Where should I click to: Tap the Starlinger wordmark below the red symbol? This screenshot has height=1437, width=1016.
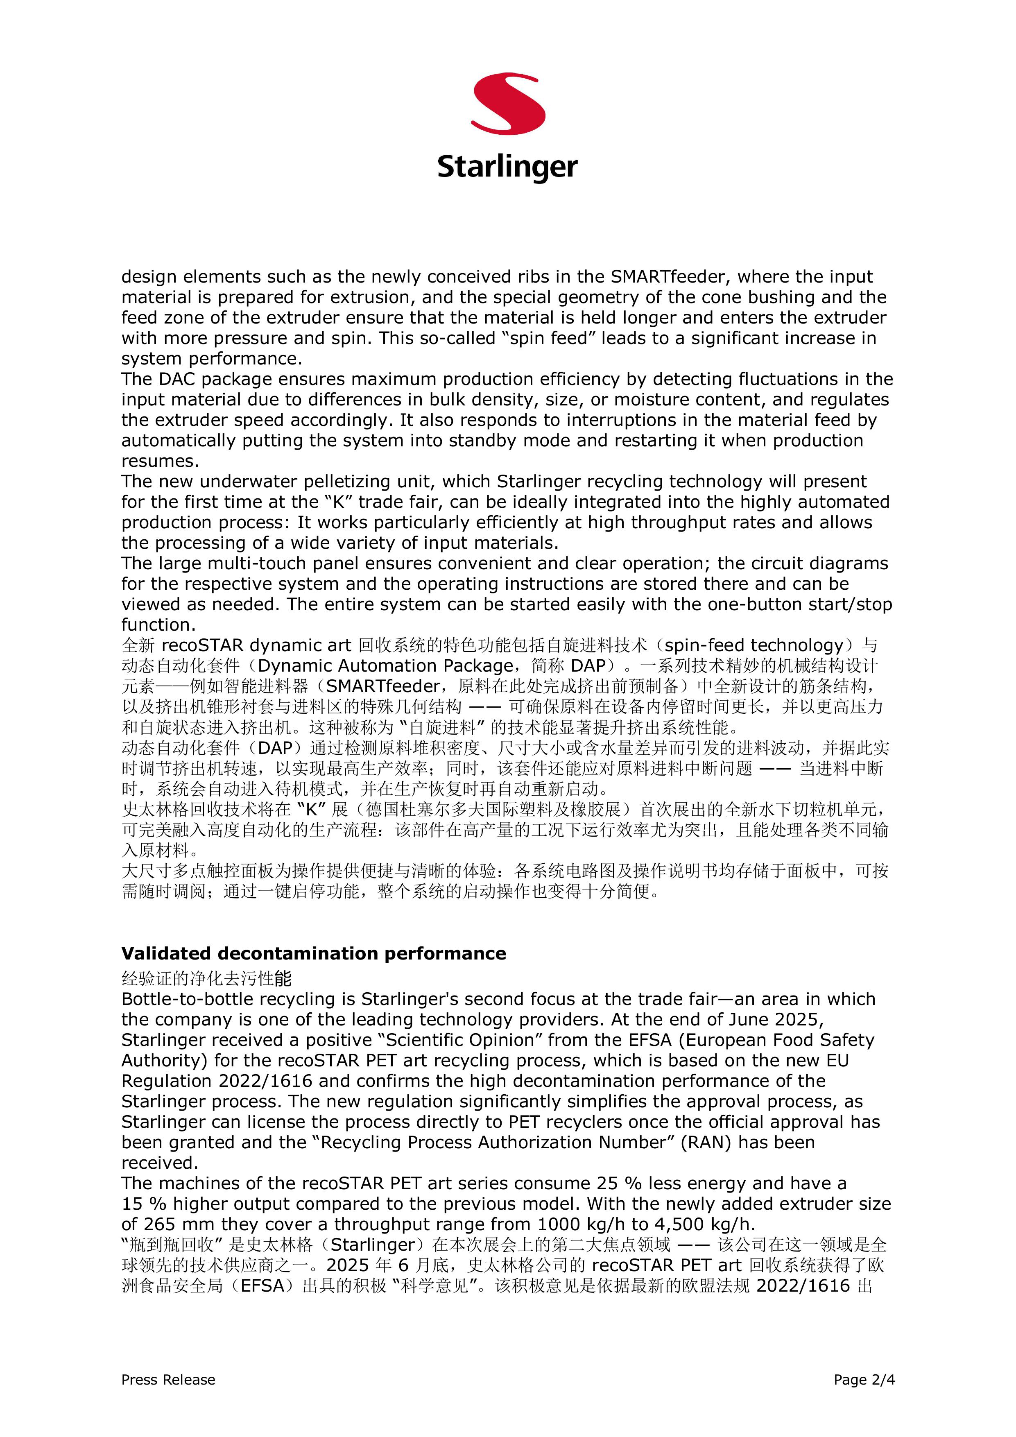[x=508, y=167]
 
